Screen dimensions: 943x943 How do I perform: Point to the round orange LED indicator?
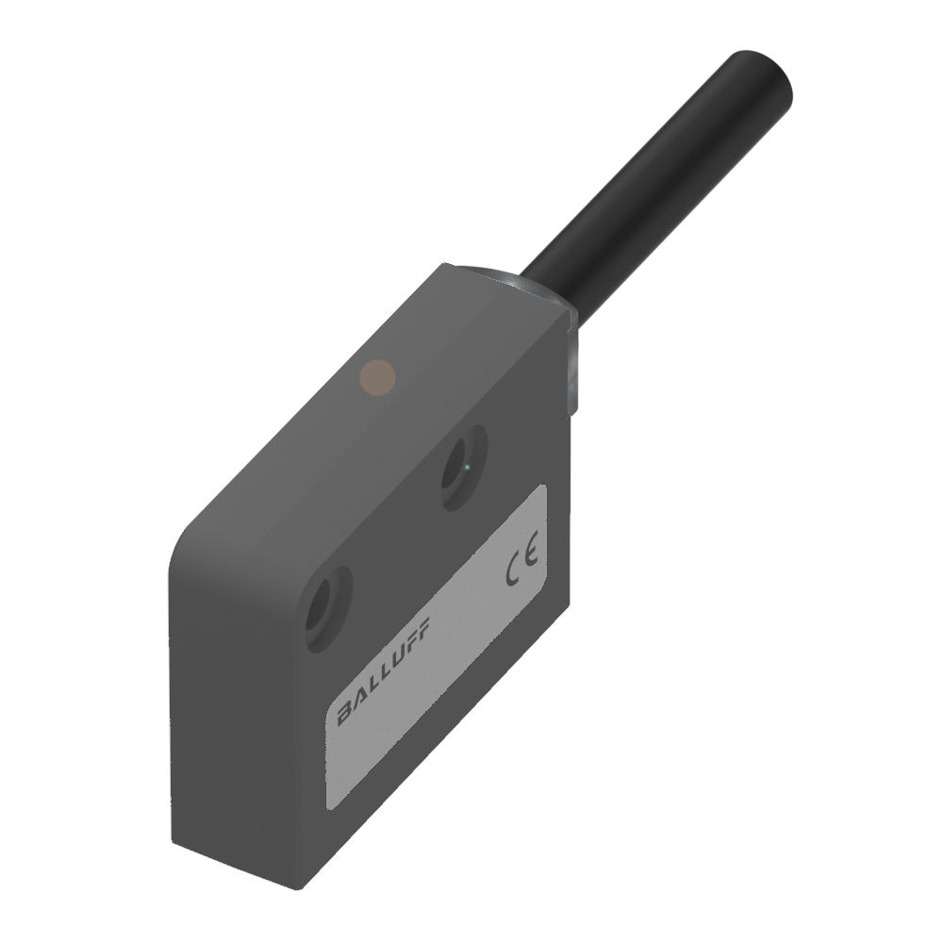tap(377, 378)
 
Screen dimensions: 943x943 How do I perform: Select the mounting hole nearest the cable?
tap(464, 467)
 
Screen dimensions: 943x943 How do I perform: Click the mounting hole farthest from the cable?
tap(328, 608)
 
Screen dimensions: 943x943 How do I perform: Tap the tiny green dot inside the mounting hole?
tap(468, 467)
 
